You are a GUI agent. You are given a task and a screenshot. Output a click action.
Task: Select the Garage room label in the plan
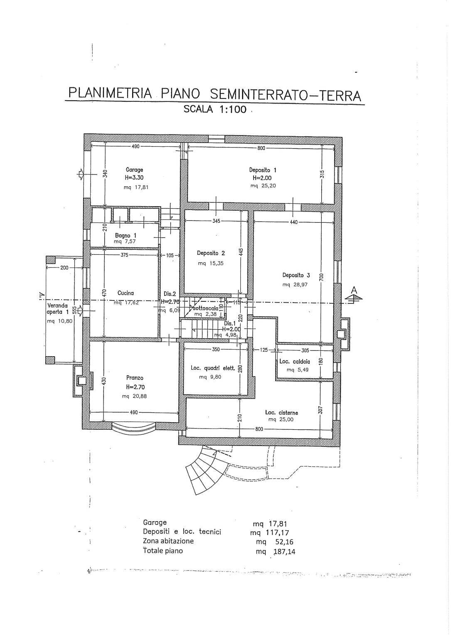pyautogui.click(x=134, y=170)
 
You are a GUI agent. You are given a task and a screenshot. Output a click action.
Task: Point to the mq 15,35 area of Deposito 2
pyautogui.click(x=211, y=263)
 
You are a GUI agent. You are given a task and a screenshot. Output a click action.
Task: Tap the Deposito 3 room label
pyautogui.click(x=296, y=275)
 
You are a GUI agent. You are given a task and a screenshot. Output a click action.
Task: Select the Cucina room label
pyautogui.click(x=126, y=293)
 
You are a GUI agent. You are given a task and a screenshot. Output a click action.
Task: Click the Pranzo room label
pyautogui.click(x=135, y=378)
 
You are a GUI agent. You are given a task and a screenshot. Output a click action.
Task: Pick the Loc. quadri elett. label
pyautogui.click(x=213, y=368)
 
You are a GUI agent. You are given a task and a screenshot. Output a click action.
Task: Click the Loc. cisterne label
pyautogui.click(x=281, y=413)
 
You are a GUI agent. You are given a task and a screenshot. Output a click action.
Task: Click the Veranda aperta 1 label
pyautogui.click(x=57, y=308)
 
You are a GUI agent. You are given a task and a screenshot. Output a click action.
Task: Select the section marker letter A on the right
pyautogui.click(x=354, y=290)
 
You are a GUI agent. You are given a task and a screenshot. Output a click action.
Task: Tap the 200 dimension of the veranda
pyautogui.click(x=64, y=268)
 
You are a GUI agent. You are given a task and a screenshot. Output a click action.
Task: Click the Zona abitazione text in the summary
pyautogui.click(x=168, y=541)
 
